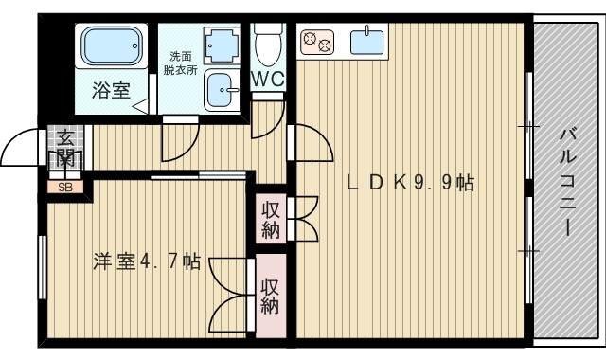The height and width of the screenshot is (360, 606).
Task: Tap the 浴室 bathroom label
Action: coord(111,91)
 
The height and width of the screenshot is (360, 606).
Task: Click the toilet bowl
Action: coord(268,44)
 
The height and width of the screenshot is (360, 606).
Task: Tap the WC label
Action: coord(268,81)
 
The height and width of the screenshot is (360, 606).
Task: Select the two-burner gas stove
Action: coord(317,42)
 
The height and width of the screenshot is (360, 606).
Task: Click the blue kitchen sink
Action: coord(367,42)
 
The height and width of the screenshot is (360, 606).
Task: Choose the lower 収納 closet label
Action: coord(271,296)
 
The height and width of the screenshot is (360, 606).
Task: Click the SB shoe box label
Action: coord(65,187)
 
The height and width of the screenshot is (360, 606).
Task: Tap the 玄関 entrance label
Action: coord(65,148)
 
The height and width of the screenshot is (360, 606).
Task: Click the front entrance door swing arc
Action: coord(19,144)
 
